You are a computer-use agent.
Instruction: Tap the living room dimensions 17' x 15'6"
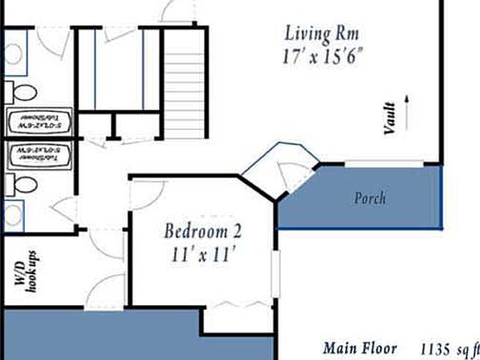323,57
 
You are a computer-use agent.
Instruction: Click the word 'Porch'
370,199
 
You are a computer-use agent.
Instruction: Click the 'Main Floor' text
360,348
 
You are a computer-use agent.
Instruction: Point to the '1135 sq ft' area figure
449,348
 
